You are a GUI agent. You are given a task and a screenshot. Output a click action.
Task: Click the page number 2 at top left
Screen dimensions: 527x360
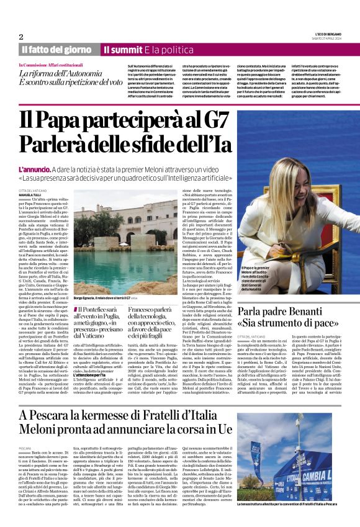(21, 37)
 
